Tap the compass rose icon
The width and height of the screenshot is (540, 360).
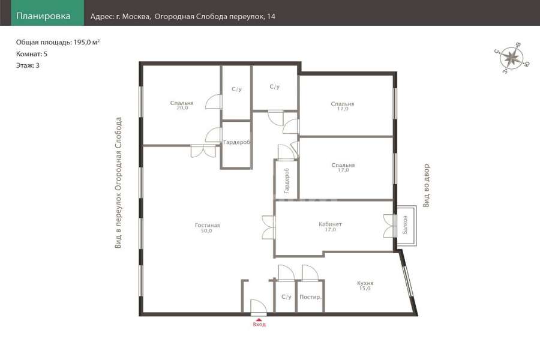[x=512, y=58]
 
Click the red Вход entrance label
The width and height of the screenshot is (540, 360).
[x=259, y=324]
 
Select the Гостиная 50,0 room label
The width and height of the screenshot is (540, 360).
[x=208, y=228]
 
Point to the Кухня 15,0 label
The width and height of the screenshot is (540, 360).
[x=365, y=286]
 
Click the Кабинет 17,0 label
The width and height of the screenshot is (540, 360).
[x=330, y=227]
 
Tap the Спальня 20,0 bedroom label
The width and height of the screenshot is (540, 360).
[x=182, y=105]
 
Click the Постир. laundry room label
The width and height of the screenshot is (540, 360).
[x=310, y=297]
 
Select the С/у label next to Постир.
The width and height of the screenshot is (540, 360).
[x=286, y=296]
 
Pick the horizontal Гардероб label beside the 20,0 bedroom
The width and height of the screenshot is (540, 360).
[x=236, y=142]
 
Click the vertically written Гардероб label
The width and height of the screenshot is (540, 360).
[x=287, y=181]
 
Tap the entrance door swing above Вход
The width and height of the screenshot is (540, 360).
[x=258, y=308]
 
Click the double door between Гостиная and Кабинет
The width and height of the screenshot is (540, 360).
[x=268, y=227]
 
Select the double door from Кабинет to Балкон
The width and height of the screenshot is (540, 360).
[x=390, y=226]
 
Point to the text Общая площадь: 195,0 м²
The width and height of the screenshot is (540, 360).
[x=58, y=42]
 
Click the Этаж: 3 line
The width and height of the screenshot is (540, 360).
[x=28, y=65]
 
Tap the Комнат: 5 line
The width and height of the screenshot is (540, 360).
[x=32, y=54]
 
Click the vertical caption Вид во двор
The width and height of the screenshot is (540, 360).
[x=427, y=185]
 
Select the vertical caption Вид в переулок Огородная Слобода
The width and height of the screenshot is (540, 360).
[x=118, y=182]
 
